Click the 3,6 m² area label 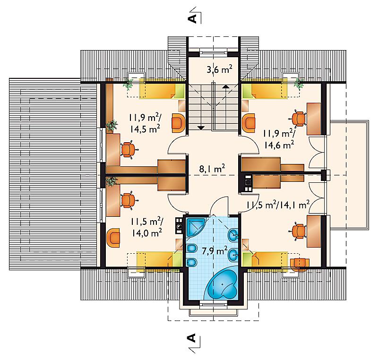[x=219, y=69]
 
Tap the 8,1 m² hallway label [x=212, y=169]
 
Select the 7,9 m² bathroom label [x=215, y=251]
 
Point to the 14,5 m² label [x=145, y=129]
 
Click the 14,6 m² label [x=279, y=145]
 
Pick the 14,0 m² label [x=146, y=233]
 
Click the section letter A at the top [x=192, y=18]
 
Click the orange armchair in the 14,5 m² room [x=178, y=123]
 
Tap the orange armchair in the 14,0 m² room [x=113, y=238]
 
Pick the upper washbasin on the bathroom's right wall [x=233, y=235]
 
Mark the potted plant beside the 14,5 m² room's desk [x=112, y=126]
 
